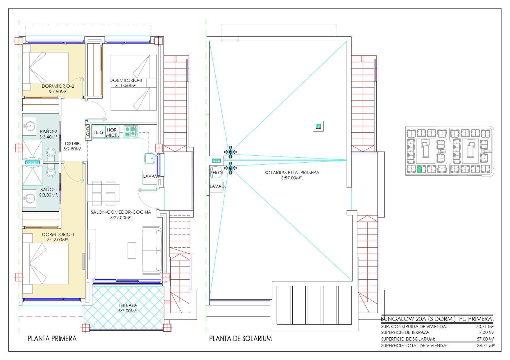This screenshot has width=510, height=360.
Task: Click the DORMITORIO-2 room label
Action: (x=58, y=86)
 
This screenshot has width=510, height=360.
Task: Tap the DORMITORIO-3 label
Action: (x=126, y=80)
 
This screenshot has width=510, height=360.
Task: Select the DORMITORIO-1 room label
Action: (x=58, y=234)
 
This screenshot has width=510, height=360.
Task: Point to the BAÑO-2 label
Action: (x=49, y=131)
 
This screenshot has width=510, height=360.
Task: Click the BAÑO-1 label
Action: (x=49, y=189)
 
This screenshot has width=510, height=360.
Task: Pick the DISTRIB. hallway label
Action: (x=73, y=143)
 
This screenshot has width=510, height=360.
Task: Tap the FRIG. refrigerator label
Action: (x=99, y=132)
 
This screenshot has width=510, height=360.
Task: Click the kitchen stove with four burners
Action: (x=131, y=131)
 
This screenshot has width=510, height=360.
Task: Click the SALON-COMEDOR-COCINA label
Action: (x=121, y=212)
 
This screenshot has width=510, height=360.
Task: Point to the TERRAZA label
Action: (x=128, y=305)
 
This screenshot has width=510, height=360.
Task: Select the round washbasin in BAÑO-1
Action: (x=29, y=199)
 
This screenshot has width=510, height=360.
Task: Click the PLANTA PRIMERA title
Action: (x=52, y=339)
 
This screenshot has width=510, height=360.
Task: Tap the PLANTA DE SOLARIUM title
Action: (x=240, y=339)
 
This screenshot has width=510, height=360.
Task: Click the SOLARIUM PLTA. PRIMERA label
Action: (x=292, y=172)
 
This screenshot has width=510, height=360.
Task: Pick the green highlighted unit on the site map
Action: (x=419, y=169)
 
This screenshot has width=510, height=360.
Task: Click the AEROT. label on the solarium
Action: (x=217, y=172)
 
